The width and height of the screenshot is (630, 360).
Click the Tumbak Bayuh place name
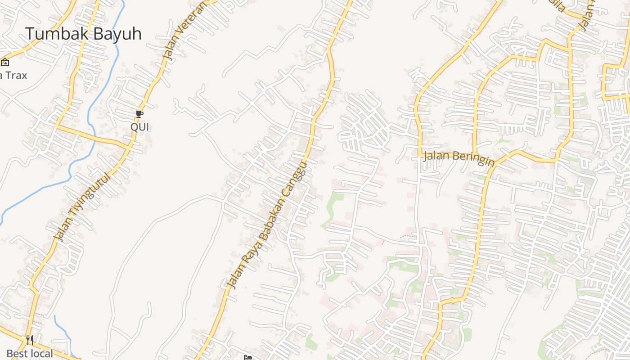point(83,34)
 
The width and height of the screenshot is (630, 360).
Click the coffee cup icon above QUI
point(139,114)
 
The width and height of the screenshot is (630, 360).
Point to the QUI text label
point(139,127)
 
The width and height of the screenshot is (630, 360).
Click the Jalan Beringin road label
point(459,158)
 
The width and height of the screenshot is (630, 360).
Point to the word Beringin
point(472,159)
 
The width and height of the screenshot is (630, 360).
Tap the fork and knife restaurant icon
point(30,340)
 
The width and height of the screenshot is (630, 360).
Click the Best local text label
point(30,354)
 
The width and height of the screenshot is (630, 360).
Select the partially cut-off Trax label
point(13,75)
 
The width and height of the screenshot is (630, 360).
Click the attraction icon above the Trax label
point(5,62)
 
